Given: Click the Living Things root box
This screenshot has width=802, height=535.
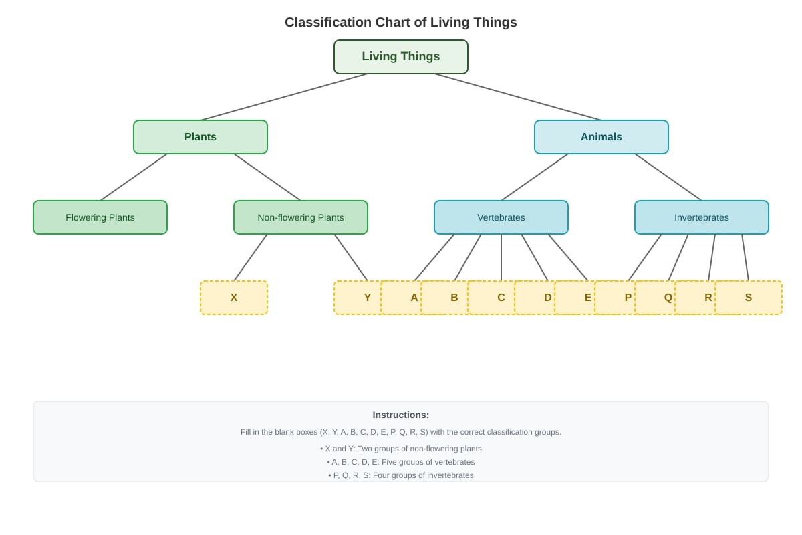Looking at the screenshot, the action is point(400,57).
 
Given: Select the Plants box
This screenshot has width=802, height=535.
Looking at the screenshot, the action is point(200,137).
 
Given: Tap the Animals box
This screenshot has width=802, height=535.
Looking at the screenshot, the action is point(601,137).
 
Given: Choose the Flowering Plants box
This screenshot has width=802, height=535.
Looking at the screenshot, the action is point(100,217).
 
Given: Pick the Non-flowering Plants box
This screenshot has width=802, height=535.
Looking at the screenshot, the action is point(300,217).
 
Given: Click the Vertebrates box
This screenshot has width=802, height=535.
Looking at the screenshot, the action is point(501,217).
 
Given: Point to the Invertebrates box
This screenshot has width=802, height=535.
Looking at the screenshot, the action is point(701,217).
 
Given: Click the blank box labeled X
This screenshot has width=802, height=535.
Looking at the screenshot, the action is point(234,298).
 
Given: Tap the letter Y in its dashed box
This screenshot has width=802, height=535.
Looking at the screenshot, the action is point(368,298).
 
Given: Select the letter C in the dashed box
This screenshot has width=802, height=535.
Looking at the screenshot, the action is point(501,298).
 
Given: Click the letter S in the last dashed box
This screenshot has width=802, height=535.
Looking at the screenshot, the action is point(749,298).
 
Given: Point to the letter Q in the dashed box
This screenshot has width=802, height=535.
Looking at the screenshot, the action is point(668,298).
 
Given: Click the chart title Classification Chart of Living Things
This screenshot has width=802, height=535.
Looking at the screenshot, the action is point(400,22).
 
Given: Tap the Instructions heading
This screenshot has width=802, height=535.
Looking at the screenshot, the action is point(400,415).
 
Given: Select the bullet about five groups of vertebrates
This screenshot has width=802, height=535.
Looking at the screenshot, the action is point(400,462).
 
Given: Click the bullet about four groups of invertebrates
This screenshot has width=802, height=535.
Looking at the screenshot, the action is point(400,475).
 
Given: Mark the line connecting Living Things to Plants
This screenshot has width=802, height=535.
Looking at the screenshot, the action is point(283,97).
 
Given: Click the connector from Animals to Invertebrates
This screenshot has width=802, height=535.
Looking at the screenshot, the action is point(668,177).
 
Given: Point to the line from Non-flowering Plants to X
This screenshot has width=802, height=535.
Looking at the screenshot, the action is point(250,257).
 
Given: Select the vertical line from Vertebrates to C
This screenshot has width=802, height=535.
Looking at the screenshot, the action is point(501,257).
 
